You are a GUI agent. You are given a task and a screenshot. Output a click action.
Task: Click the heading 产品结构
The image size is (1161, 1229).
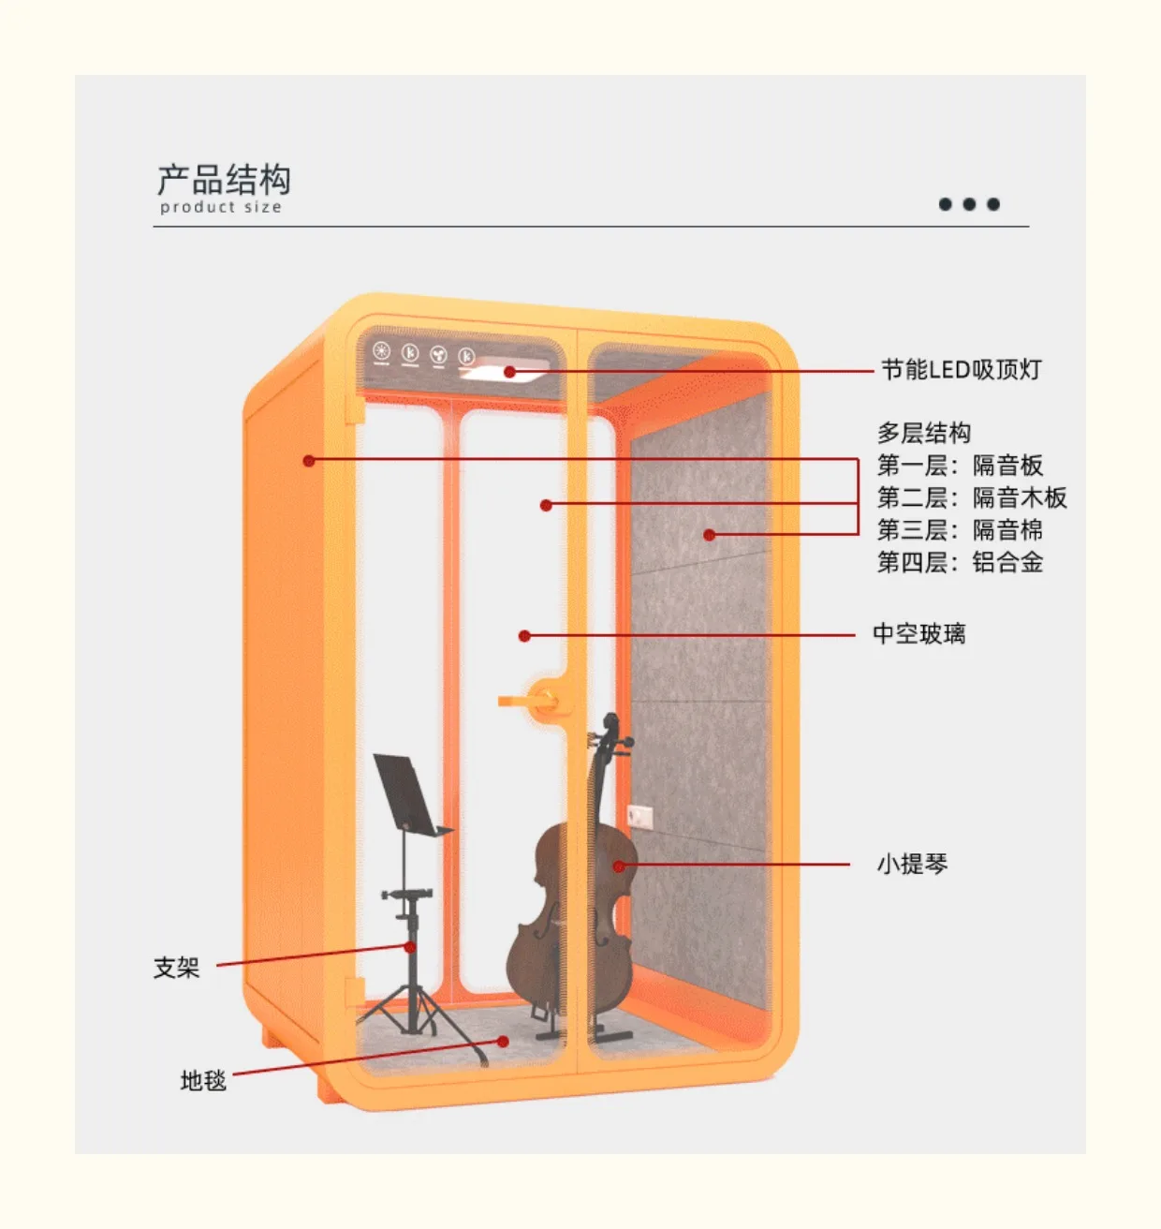coord(224,179)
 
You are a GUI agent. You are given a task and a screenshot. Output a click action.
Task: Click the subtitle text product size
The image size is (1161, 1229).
coord(221,207)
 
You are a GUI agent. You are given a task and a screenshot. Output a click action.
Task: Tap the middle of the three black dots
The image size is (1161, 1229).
coord(969,204)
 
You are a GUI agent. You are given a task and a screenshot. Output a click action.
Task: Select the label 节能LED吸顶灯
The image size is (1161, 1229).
coord(961,370)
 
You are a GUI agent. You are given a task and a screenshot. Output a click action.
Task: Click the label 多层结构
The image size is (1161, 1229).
coord(923,433)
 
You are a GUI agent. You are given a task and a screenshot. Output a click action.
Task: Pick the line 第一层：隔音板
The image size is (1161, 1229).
coord(960,466)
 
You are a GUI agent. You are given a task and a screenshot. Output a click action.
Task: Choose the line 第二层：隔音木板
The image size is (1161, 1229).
coord(972,497)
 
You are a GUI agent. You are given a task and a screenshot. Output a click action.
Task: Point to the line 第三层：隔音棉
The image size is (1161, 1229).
coord(960,530)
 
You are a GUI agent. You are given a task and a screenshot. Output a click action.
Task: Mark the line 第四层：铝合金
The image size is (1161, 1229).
coord(960,562)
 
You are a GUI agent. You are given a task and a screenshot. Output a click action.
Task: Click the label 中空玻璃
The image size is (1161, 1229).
coord(919,634)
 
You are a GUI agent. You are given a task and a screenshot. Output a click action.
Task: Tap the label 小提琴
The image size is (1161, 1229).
coord(912,864)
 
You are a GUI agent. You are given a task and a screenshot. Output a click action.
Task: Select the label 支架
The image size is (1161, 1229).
coord(177,968)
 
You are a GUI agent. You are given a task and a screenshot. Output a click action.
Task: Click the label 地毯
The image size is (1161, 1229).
coord(203,1081)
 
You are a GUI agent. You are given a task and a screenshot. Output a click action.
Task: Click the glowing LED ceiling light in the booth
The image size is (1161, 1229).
coord(506,374)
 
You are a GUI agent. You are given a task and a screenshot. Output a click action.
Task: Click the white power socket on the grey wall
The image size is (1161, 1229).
coord(639,816)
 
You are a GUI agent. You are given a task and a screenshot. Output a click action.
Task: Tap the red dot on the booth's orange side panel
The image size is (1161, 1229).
coord(309,460)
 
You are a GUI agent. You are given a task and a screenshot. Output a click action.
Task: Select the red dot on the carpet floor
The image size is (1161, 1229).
coord(503,1041)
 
